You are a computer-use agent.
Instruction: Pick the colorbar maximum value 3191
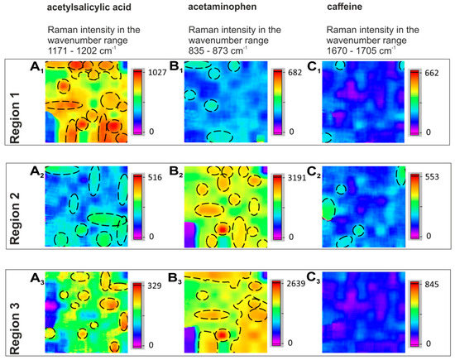tap(300, 177)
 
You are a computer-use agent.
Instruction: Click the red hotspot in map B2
tap(222, 228)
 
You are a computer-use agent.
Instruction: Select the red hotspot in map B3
tap(222, 334)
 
